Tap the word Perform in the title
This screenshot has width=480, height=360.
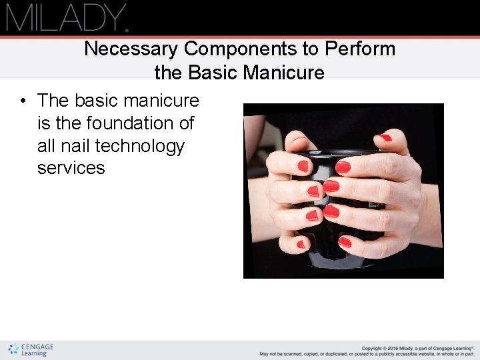click(360, 49)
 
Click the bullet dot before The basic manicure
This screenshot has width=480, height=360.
click(23, 101)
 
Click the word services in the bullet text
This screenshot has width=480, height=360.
click(71, 168)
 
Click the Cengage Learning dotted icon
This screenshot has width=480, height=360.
click(13, 349)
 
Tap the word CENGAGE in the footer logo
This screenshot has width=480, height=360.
click(37, 347)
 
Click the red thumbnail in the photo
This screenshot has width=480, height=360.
click(384, 138)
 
